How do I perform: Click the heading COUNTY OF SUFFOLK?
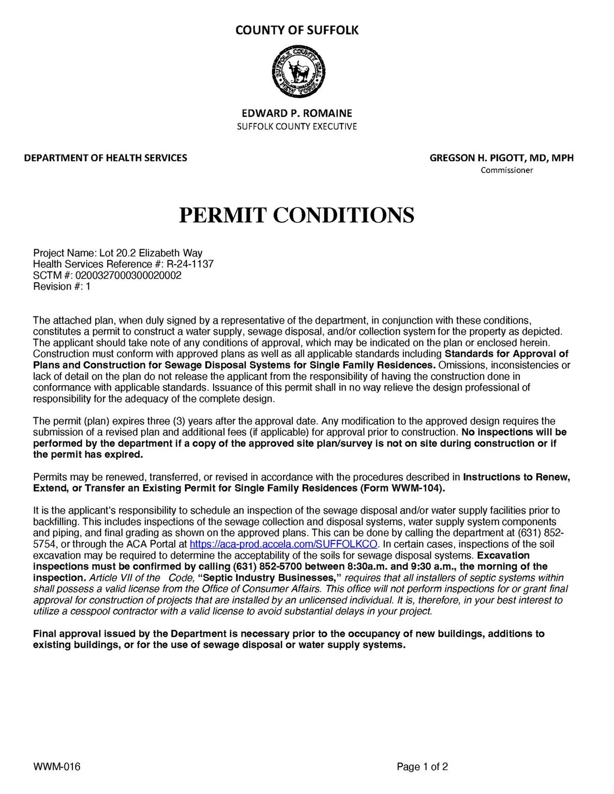click(297, 30)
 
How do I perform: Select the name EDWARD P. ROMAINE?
click(297, 113)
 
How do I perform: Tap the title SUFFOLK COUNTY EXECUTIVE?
click(297, 126)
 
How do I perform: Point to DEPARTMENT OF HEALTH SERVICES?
click(106, 158)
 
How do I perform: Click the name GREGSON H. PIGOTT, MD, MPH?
click(501, 158)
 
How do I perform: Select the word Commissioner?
click(506, 170)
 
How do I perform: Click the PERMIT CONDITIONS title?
click(296, 215)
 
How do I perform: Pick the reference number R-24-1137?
click(190, 264)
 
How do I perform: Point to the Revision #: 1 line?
click(62, 286)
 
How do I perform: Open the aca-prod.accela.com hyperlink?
click(284, 544)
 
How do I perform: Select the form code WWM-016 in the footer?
click(57, 767)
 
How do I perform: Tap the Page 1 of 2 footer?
click(422, 767)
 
